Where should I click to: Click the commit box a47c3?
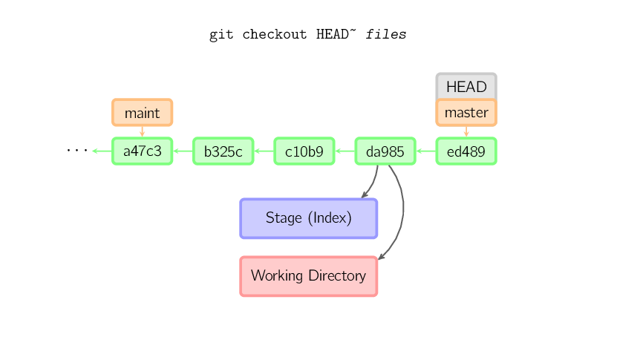142,151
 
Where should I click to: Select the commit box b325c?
223,151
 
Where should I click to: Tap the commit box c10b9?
304,151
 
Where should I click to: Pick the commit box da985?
385,151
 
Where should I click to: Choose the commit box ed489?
466,151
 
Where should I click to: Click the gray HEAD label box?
466,86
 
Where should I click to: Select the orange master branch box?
466,113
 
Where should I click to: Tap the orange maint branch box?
142,113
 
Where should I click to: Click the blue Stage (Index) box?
308,218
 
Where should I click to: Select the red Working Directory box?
308,276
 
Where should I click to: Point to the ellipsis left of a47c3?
76,151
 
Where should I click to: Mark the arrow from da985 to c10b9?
344,151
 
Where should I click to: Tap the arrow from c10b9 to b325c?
263,151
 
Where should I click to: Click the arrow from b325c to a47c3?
182,151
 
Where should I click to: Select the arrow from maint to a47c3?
142,131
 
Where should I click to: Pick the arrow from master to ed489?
466,131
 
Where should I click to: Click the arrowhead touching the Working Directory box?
382,257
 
